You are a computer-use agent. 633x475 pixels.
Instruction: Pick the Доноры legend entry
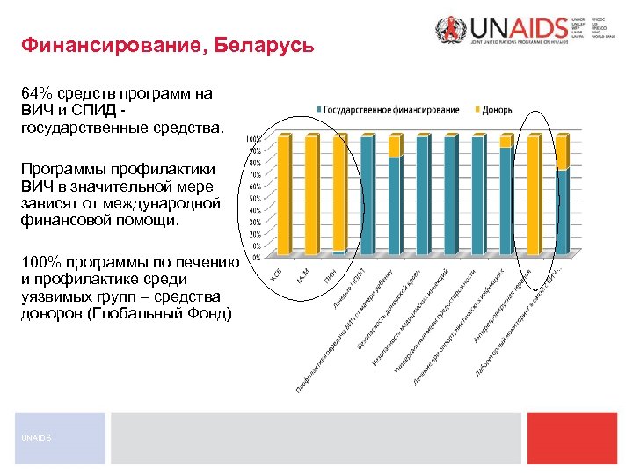coord(498,110)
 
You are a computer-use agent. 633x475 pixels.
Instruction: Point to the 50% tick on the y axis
coord(253,199)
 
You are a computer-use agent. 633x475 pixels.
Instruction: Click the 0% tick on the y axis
coord(255,259)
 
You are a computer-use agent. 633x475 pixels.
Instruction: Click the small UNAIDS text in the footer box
coord(32,437)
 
